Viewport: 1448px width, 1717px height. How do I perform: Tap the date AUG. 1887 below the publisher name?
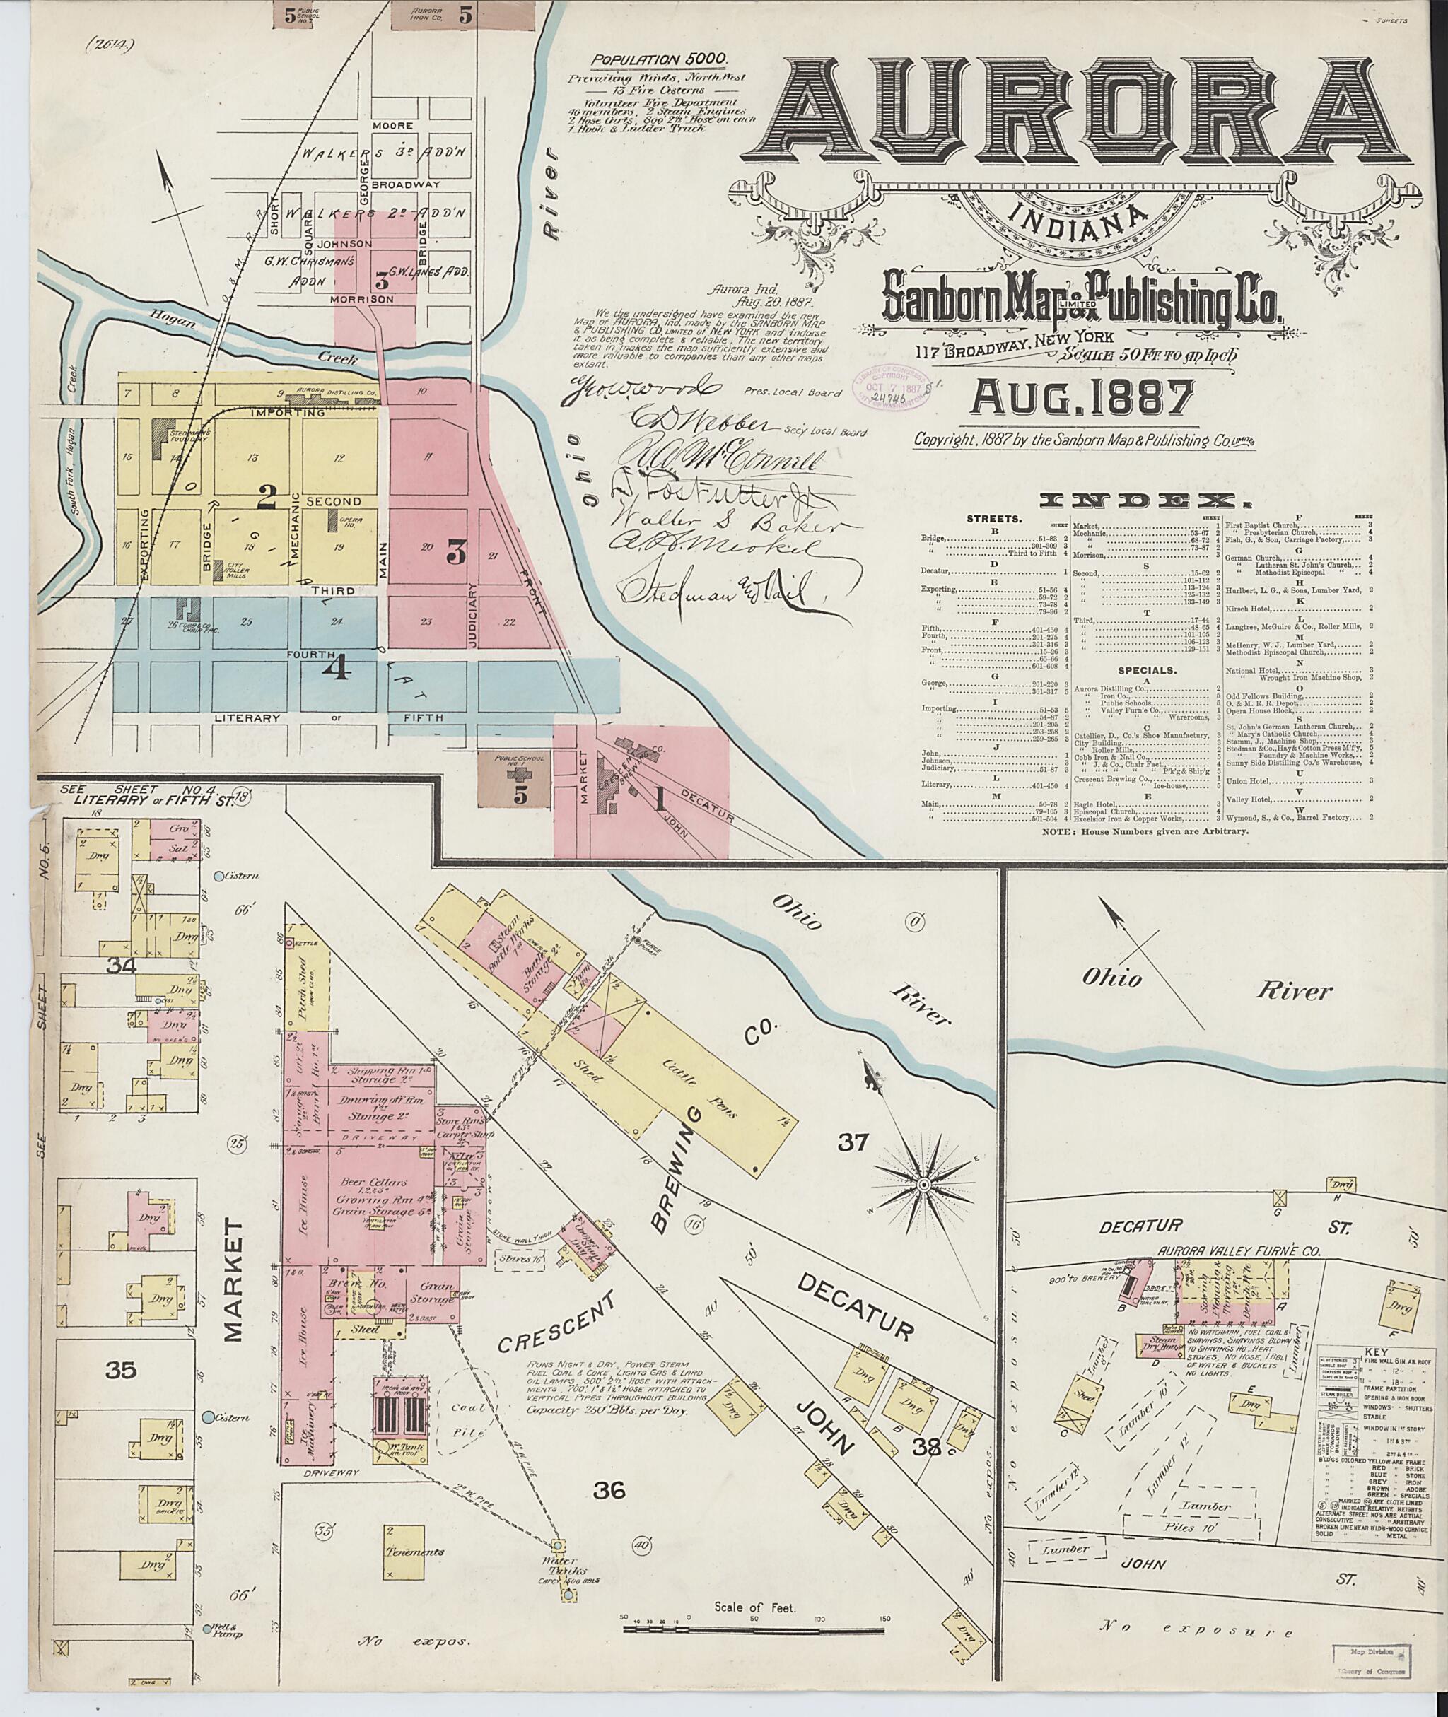[x=1082, y=399]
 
